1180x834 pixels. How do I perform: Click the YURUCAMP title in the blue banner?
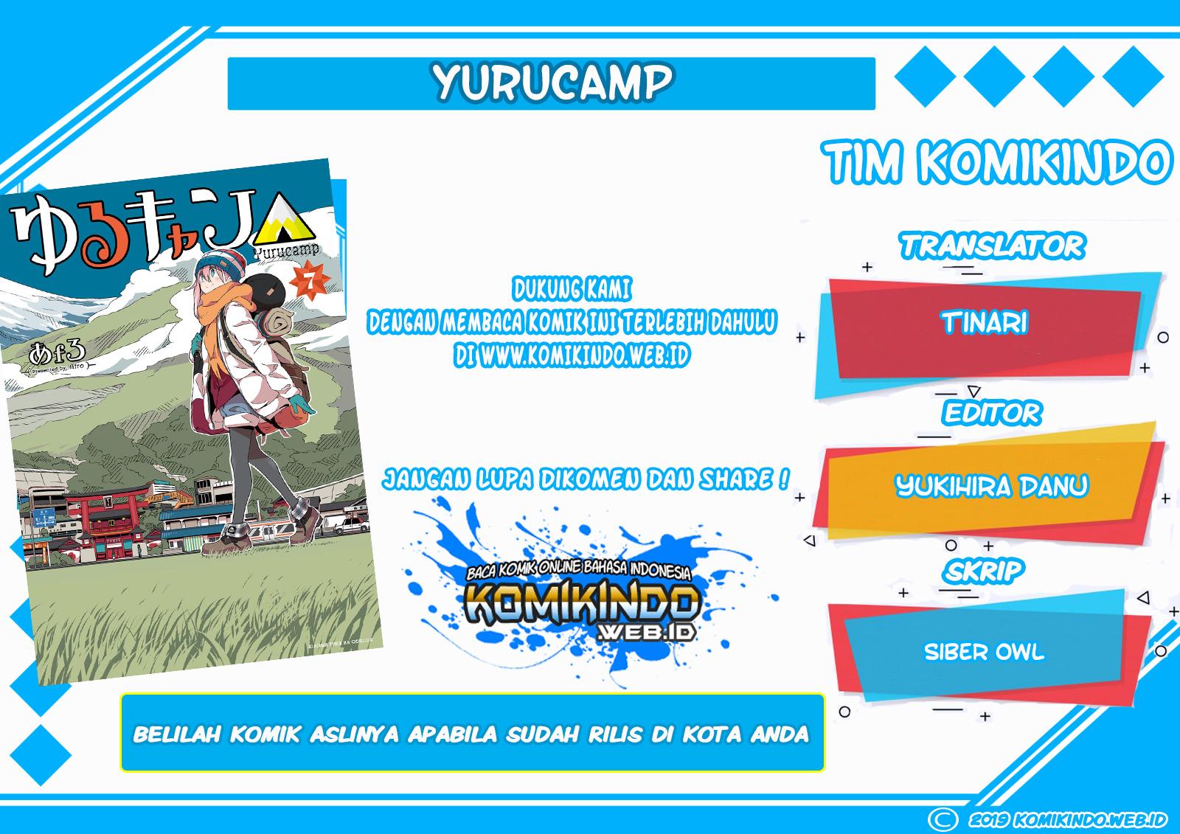click(552, 83)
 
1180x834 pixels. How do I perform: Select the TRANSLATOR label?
click(991, 246)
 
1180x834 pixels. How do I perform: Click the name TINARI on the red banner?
click(985, 322)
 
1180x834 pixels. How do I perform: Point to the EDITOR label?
click(991, 412)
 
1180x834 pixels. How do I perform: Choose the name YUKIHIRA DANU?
click(991, 486)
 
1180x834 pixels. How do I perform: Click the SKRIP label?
click(984, 571)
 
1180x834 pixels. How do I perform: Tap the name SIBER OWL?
click(984, 652)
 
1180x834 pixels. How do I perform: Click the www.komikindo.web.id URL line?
click(572, 356)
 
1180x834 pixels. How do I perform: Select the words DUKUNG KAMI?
click(572, 290)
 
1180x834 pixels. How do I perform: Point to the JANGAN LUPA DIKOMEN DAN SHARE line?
click(585, 480)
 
